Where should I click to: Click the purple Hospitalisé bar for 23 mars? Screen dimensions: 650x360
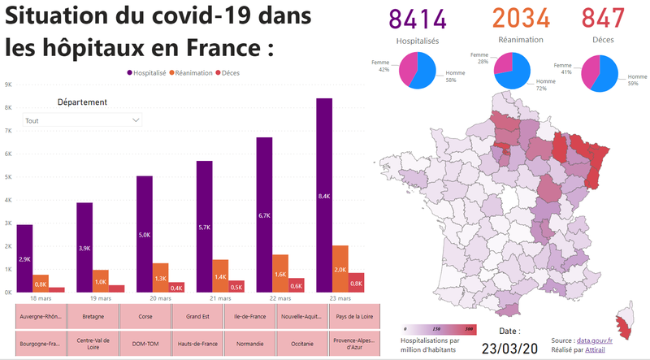coord(324,195)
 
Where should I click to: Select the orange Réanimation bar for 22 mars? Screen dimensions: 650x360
coord(280,273)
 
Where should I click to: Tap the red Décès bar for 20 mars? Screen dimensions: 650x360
coord(176,288)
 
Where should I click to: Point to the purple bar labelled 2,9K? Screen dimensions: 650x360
coord(24,258)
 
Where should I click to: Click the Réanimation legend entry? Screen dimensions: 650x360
coord(191,73)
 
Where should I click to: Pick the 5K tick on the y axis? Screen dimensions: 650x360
coord(8,177)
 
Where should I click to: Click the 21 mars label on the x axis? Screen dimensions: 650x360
coord(220,298)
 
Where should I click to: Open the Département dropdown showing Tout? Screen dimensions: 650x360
coord(82,120)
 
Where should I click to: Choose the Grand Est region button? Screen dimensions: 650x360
coord(197,316)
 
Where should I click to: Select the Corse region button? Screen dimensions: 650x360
coord(145,316)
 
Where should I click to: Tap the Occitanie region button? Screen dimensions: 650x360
coord(302,344)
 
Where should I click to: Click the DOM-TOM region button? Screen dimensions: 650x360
coord(145,344)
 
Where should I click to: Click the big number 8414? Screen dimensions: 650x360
coord(418,19)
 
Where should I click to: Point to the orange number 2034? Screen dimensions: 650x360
coord(521,18)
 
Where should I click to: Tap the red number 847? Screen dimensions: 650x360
coord(603,18)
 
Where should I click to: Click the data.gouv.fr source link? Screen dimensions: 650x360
coord(595,340)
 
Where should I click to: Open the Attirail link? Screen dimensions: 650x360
coord(595,349)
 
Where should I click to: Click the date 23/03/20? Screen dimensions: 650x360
coord(510,349)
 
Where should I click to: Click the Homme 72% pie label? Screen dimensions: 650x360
coord(545,85)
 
